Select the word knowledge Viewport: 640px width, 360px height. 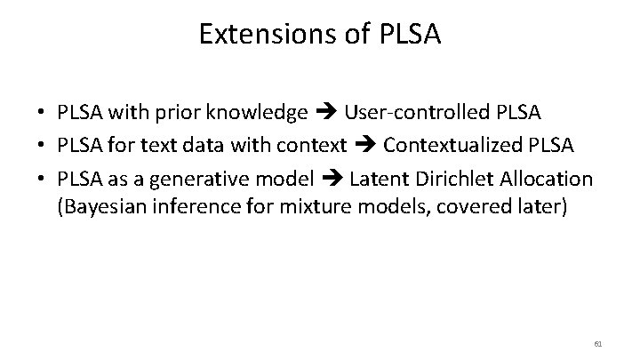(256, 113)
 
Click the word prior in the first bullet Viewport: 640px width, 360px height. (176, 113)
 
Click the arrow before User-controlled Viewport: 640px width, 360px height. (325, 113)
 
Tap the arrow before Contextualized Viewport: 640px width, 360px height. (364, 146)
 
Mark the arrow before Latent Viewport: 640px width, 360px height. (331, 179)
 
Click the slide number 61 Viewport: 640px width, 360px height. (597, 343)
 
